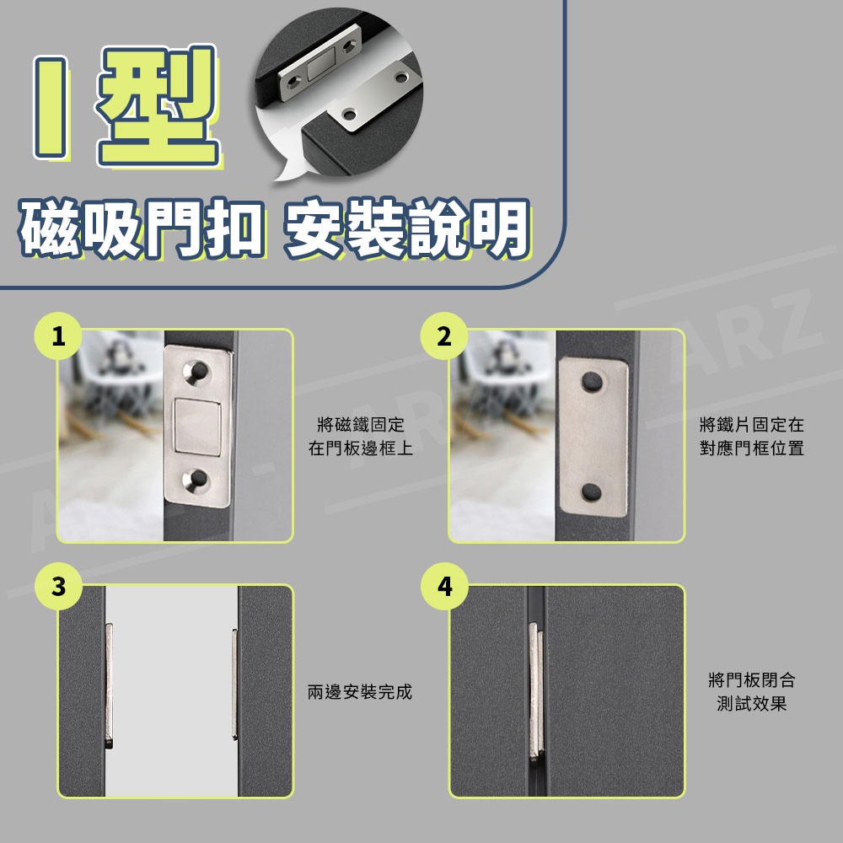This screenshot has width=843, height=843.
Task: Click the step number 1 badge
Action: tap(58, 336)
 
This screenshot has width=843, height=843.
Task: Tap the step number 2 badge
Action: tap(444, 336)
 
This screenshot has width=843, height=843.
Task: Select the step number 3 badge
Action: tap(58, 586)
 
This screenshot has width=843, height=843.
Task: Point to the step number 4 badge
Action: tap(444, 586)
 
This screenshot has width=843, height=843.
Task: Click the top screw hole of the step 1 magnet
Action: tap(196, 371)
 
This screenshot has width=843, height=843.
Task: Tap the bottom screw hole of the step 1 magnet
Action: tap(196, 479)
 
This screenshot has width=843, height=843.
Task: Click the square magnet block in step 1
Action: tap(196, 427)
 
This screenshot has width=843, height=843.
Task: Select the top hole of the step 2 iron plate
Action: tap(592, 381)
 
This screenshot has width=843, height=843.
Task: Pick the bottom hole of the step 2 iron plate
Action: tap(592, 491)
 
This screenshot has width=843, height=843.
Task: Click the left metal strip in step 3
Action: tap(109, 685)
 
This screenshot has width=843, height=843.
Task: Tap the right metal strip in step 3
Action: tap(234, 684)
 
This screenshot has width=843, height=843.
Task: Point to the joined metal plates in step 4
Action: tap(536, 692)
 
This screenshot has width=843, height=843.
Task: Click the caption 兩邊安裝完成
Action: tap(360, 692)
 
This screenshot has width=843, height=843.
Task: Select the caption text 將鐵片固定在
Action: tap(752, 425)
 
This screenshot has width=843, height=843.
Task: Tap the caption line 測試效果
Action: tap(752, 703)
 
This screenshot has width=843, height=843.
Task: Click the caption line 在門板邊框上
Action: tap(361, 448)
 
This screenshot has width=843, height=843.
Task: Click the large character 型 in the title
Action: tap(158, 105)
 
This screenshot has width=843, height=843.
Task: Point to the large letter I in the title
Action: tap(50, 108)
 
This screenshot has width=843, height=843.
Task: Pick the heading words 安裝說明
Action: tap(406, 228)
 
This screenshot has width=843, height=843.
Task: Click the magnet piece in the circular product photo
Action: tap(321, 63)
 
